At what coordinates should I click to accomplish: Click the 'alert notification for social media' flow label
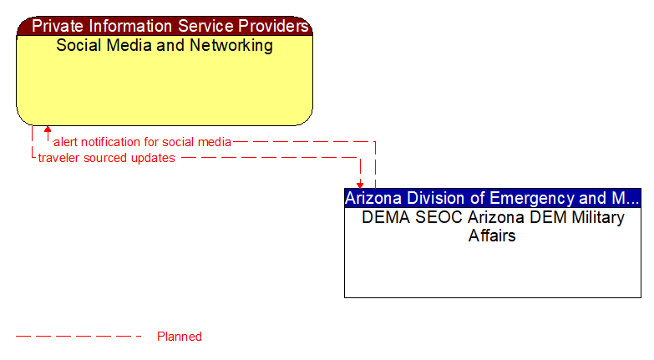click(x=142, y=142)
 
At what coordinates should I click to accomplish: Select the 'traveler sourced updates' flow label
click(x=106, y=158)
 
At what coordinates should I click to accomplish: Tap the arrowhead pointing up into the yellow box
click(x=48, y=130)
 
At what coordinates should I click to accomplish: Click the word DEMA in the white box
click(x=383, y=218)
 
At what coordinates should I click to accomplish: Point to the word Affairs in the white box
click(x=492, y=236)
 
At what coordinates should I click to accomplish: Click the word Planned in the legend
click(x=180, y=337)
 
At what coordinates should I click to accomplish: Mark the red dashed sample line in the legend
click(x=79, y=337)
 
